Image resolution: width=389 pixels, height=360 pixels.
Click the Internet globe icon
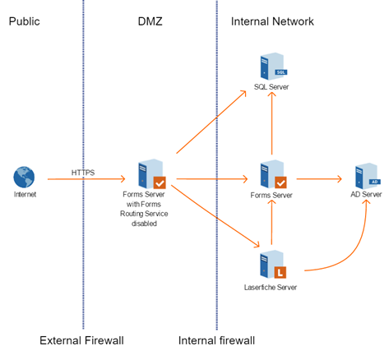tap(24, 177)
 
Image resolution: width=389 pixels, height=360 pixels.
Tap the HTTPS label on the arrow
tap(83, 173)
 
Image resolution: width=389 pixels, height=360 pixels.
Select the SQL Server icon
tap(273, 67)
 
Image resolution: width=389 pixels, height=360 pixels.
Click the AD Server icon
tap(368, 176)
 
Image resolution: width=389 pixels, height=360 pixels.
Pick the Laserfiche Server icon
tap(273, 264)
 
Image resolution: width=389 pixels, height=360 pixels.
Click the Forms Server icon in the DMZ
tap(152, 174)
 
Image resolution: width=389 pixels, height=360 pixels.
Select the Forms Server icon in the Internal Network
tap(273, 174)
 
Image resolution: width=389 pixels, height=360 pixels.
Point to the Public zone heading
tap(25, 21)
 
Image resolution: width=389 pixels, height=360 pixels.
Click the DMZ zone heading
tap(150, 21)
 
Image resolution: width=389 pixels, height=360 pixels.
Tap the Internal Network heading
tap(272, 21)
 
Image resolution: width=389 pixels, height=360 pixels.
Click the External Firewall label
tap(81, 340)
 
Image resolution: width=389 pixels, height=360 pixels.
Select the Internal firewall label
tap(216, 340)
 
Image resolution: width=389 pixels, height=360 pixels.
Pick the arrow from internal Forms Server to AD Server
tap(319, 179)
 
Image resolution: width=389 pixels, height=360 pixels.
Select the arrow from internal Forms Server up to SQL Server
tap(271, 123)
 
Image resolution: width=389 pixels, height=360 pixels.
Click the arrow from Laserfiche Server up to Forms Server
tap(271, 222)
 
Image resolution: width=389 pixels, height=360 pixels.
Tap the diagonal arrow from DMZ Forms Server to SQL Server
tap(211, 122)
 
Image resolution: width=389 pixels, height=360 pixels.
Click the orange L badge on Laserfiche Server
tap(280, 272)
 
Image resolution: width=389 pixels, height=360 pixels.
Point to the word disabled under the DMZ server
tap(144, 224)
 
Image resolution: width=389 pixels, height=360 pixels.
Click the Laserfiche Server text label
tap(271, 288)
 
